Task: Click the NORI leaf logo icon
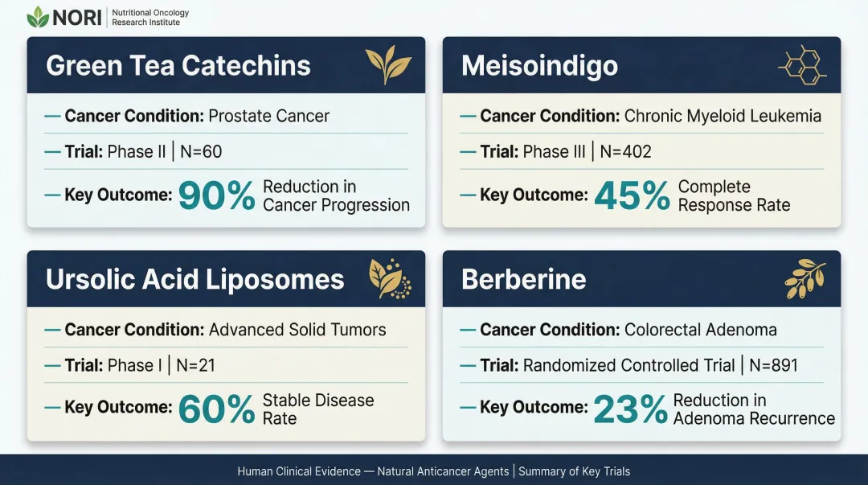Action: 38,17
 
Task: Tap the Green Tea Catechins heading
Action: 178,65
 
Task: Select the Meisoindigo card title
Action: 539,65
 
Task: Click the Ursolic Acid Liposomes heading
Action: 195,279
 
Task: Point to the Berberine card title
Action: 523,279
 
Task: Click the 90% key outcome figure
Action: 216,195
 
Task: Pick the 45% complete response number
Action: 632,195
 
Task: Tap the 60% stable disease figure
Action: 216,409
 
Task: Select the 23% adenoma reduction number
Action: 630,409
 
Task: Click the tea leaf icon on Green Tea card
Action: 388,65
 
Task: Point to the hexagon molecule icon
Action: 802,65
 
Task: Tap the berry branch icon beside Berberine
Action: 805,278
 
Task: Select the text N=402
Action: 625,151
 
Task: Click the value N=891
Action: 773,365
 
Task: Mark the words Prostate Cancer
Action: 268,116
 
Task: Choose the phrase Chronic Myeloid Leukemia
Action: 723,116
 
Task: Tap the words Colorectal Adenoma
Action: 701,330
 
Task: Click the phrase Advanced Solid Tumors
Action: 297,330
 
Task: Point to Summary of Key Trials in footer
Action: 574,471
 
